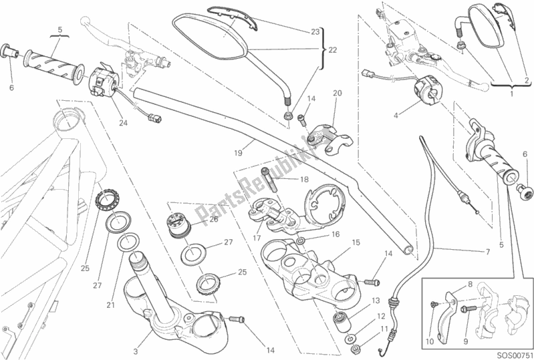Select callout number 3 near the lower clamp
138,332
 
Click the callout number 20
337,93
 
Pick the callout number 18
304,180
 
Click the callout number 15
356,242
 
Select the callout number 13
376,301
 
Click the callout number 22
333,49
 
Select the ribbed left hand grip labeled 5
55,61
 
